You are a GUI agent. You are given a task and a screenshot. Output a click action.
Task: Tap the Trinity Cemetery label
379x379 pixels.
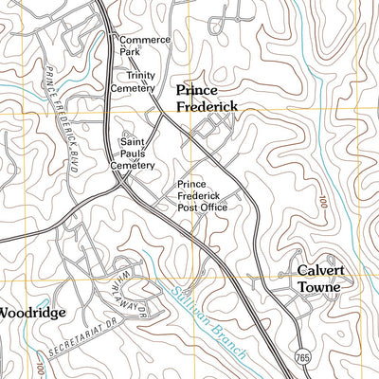[x=134, y=81]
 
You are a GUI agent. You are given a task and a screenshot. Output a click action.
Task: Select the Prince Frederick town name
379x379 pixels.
[x=207, y=98]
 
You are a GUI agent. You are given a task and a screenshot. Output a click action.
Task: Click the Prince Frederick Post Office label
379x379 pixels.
[x=202, y=194]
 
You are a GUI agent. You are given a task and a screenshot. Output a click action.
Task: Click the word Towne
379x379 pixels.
[x=319, y=286]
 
